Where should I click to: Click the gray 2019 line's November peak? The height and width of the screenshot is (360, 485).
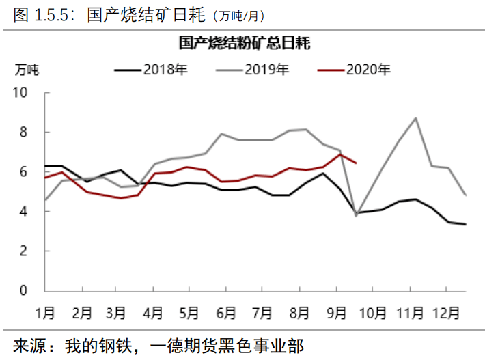(x=416, y=118)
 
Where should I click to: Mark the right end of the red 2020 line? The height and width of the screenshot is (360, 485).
(x=357, y=163)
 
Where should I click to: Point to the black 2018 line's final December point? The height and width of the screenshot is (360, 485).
(x=466, y=224)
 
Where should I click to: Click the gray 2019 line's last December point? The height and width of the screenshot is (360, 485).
(x=466, y=195)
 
